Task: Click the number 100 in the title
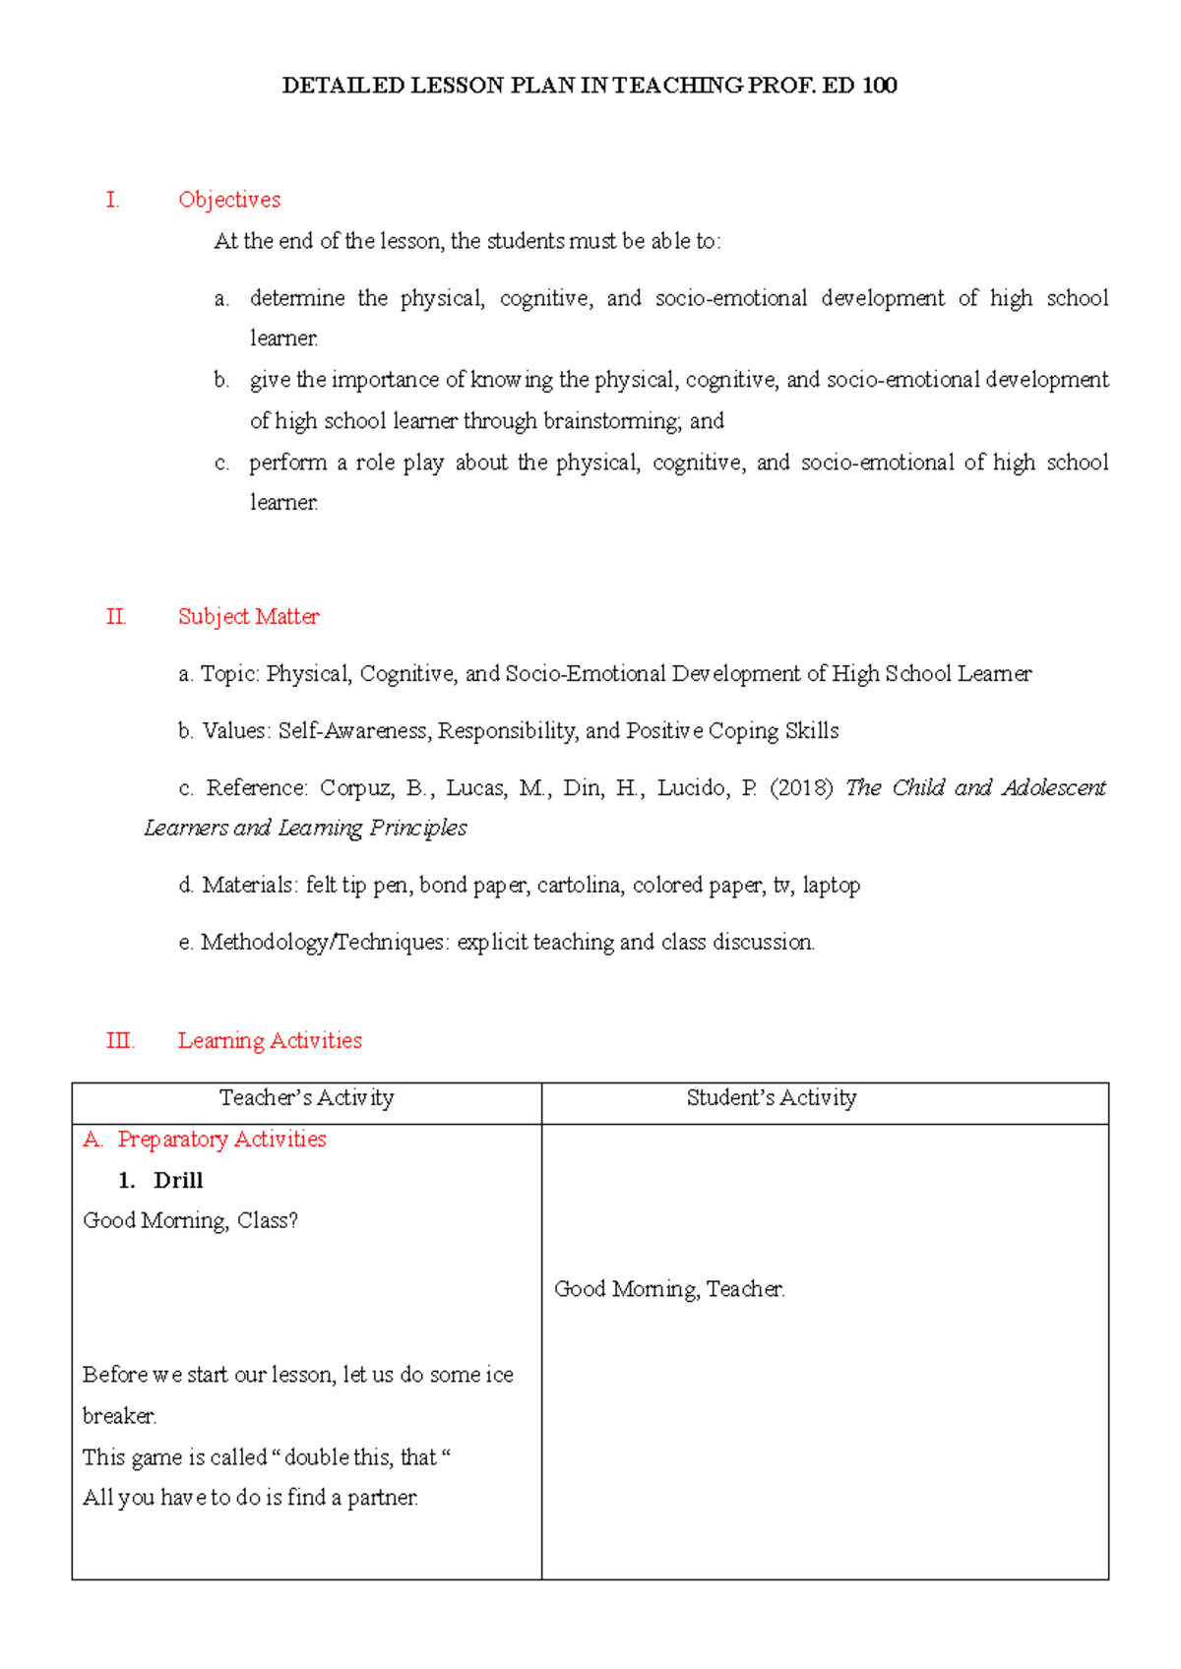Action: click(x=879, y=86)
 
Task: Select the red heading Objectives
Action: click(x=229, y=200)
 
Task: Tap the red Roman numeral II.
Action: click(x=115, y=617)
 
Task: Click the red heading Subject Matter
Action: click(x=248, y=617)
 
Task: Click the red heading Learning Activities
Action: click(x=270, y=1041)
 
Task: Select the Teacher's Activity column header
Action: click(x=306, y=1098)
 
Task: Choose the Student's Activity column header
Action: click(x=772, y=1098)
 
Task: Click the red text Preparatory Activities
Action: click(x=221, y=1140)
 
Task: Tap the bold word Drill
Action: click(x=178, y=1181)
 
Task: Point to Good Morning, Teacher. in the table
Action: click(x=669, y=1289)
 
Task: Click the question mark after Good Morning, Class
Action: click(x=292, y=1221)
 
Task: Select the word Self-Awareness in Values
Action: click(x=352, y=731)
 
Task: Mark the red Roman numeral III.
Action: click(x=119, y=1041)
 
